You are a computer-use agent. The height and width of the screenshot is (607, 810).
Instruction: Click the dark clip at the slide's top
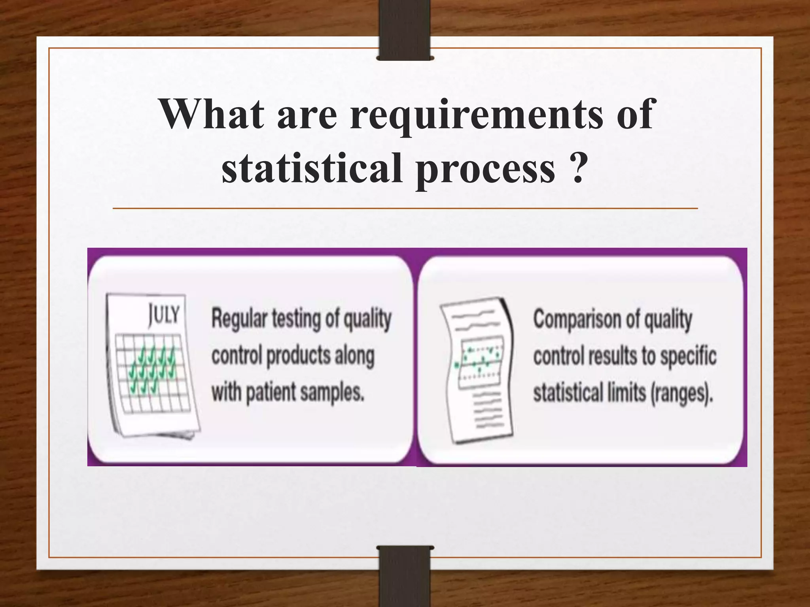[405, 30]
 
